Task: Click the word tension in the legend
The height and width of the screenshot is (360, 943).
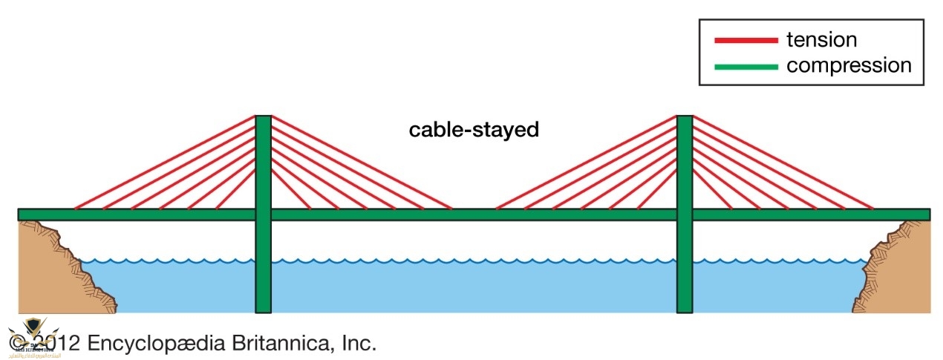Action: [x=821, y=39]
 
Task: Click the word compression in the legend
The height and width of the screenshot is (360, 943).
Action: [x=848, y=65]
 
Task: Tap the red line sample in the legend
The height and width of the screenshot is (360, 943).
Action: [x=745, y=39]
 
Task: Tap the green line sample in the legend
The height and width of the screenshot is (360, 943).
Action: [x=745, y=67]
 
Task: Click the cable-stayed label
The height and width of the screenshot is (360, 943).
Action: [x=474, y=131]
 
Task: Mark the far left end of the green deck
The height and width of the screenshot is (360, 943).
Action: [x=21, y=215]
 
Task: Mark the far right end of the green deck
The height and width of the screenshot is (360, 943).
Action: [x=927, y=215]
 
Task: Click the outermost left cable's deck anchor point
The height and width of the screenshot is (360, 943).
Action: [x=74, y=209]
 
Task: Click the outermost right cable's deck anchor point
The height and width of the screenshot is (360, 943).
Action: [x=873, y=209]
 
